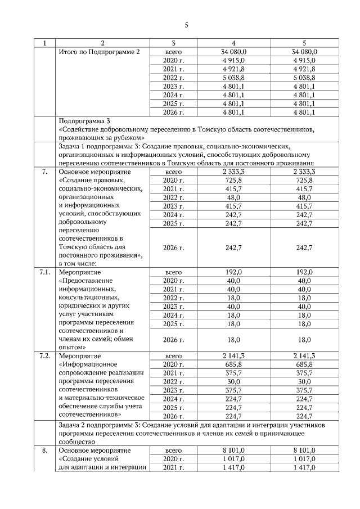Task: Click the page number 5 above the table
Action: [186, 25]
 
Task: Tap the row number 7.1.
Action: [46, 272]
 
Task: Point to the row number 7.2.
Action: [46, 357]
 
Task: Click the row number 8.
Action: [44, 451]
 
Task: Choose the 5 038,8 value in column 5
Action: [304, 78]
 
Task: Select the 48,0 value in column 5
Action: [304, 197]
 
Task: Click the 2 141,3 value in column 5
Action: [304, 357]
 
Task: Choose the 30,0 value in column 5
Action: [304, 382]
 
